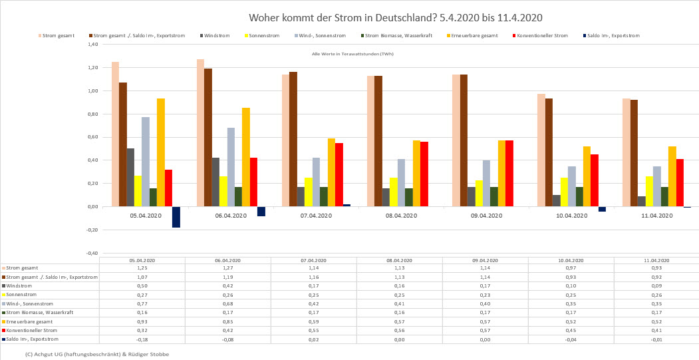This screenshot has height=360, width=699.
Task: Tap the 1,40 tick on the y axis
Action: tap(92, 45)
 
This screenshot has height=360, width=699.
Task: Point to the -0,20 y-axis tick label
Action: tap(92, 230)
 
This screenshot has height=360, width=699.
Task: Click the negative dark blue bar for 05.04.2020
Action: tap(176, 217)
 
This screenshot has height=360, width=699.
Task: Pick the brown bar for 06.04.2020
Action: tap(208, 137)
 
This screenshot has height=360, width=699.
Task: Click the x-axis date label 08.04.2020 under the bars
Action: tap(401, 216)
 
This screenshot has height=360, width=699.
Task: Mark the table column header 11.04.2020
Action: tap(656, 260)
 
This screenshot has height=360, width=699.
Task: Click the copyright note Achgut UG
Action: tap(97, 354)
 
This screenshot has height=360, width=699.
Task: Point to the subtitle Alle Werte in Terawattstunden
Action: tap(352, 54)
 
